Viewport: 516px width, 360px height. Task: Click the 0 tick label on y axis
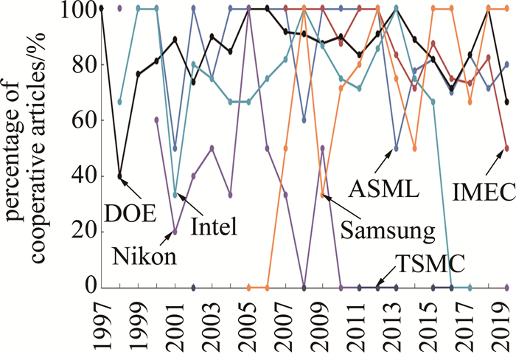pos(89,285)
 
